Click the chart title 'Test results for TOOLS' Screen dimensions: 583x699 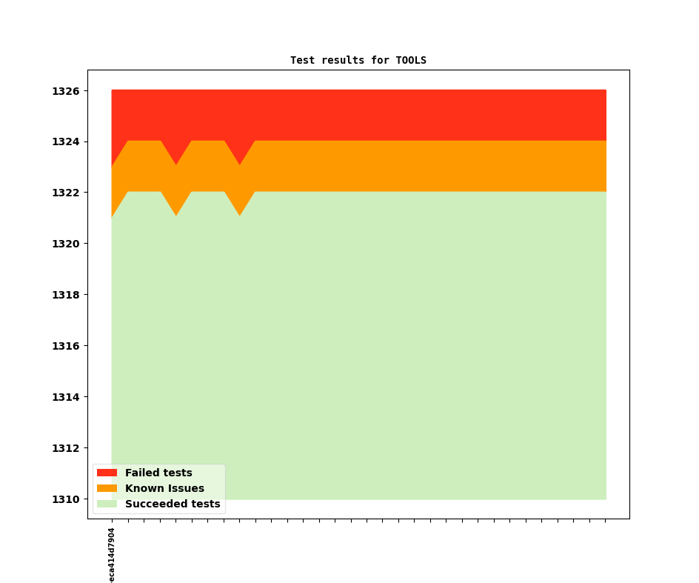point(358,60)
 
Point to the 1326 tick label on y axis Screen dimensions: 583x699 point(65,91)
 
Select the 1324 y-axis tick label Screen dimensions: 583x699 point(65,142)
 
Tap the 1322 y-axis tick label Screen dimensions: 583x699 point(65,193)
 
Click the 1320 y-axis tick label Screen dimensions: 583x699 point(65,244)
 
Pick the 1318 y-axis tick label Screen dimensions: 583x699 point(65,295)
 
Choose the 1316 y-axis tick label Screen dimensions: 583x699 point(65,346)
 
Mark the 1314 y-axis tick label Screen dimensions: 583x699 point(65,397)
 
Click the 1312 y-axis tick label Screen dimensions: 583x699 point(65,448)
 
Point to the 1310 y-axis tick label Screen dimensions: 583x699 point(65,499)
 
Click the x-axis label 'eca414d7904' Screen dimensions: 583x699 point(112,555)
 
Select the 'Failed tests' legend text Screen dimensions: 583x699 point(158,473)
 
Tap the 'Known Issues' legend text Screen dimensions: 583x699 point(164,488)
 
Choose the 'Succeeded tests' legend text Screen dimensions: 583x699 point(173,504)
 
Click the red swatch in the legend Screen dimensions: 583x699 point(107,473)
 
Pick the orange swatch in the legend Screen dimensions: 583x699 point(107,488)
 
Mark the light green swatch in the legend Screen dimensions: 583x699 point(107,504)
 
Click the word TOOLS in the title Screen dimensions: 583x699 point(411,60)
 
